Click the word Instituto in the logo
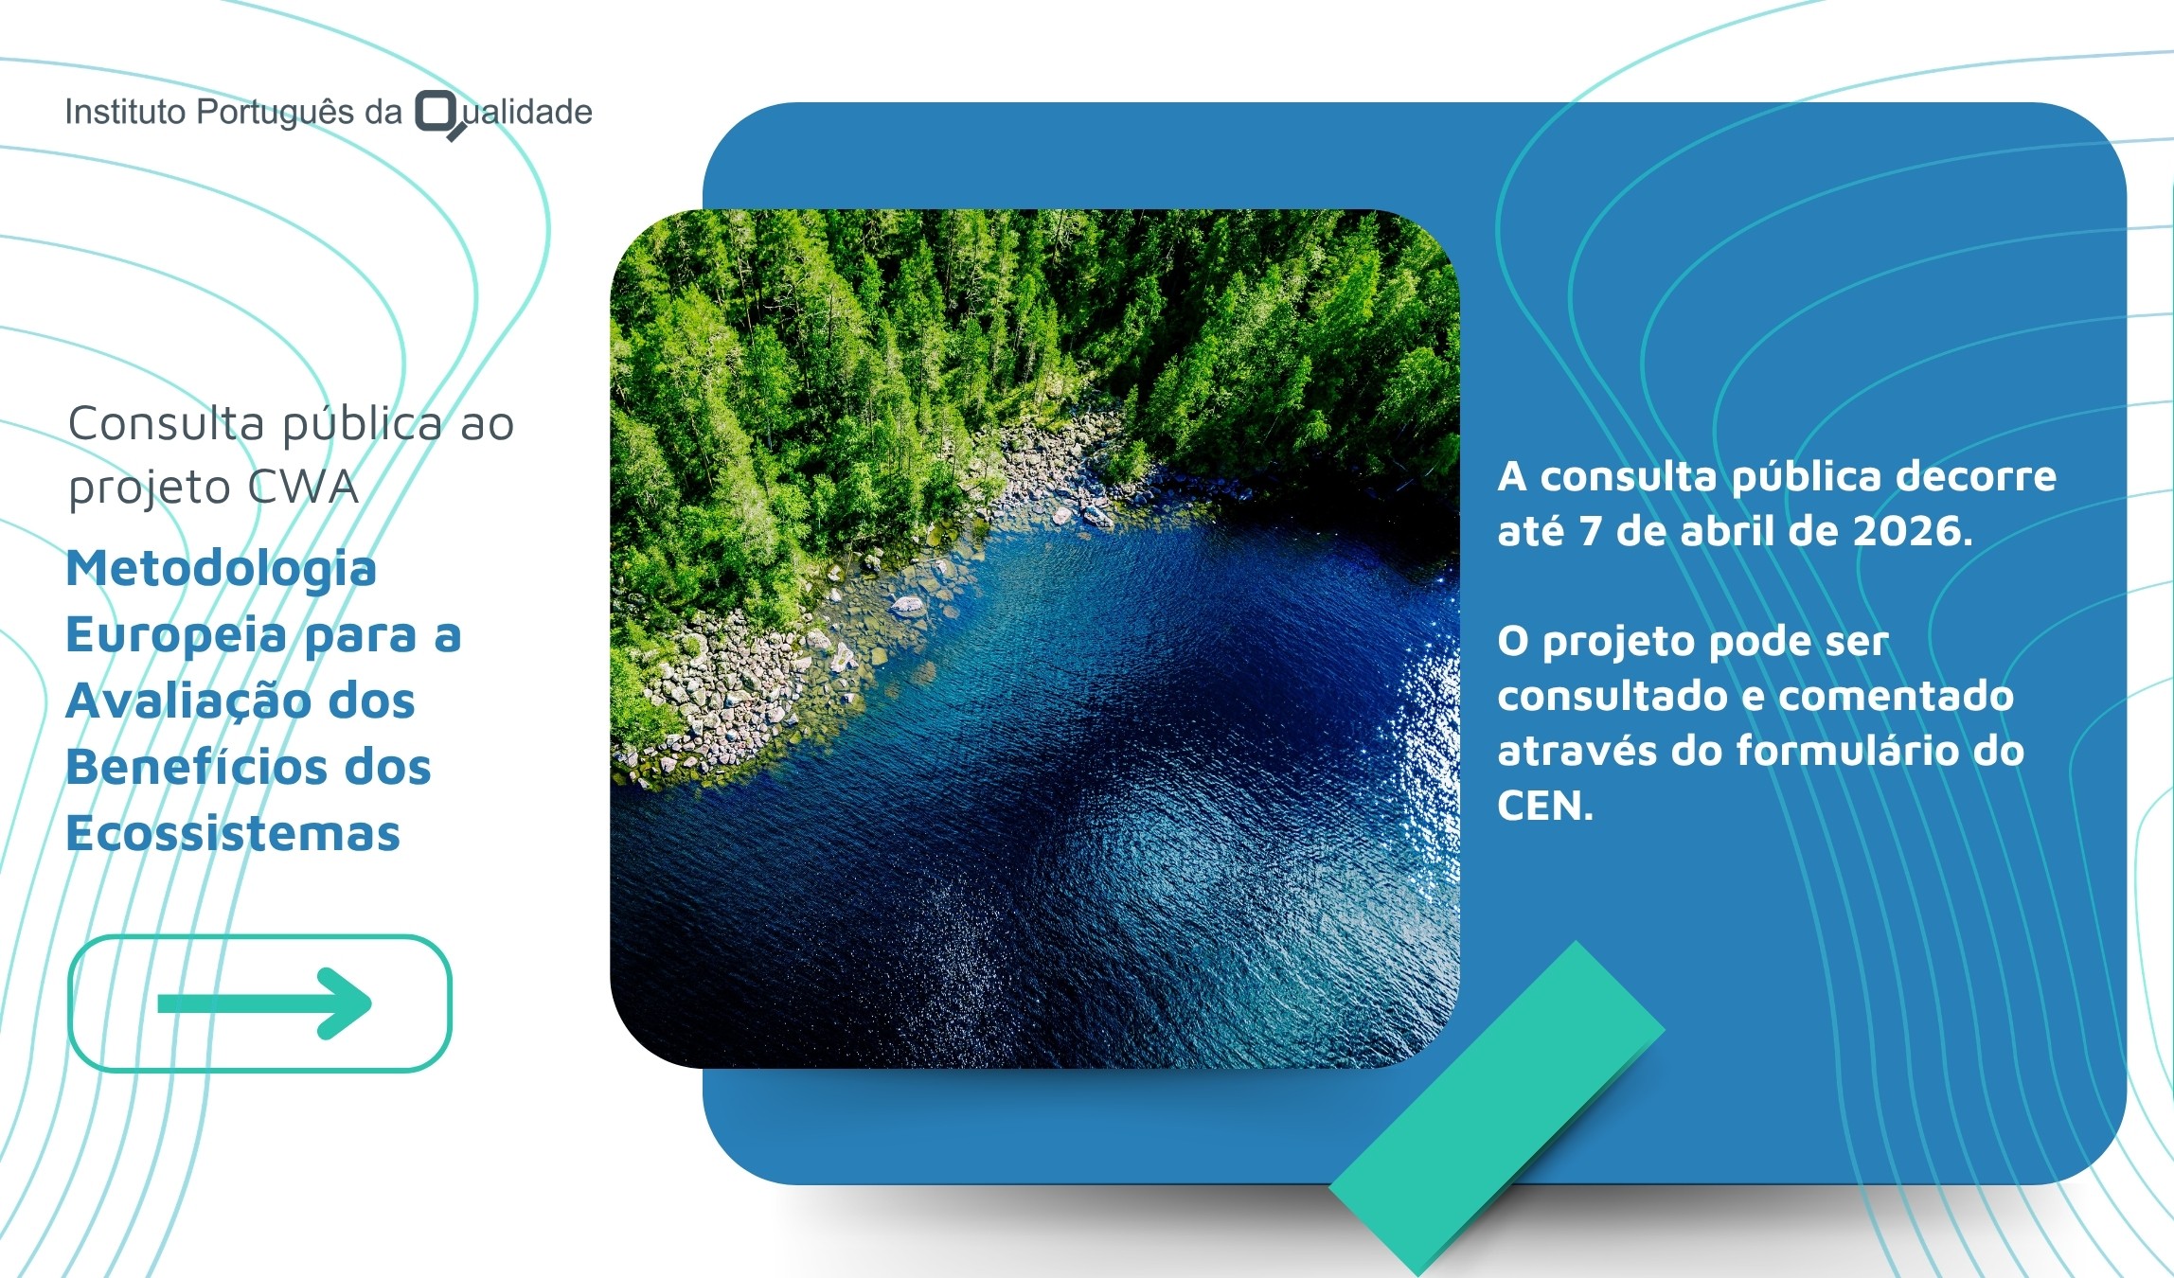pyautogui.click(x=125, y=112)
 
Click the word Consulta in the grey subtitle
pyautogui.click(x=166, y=423)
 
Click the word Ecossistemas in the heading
pyautogui.click(x=233, y=833)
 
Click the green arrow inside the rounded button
pyautogui.click(x=264, y=1003)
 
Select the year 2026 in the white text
pyautogui.click(x=1912, y=531)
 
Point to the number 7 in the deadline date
pyautogui.click(x=1590, y=531)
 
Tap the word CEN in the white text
pyautogui.click(x=1544, y=806)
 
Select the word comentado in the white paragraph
pyautogui.click(x=1897, y=697)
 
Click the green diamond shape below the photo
pyautogui.click(x=1497, y=1108)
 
